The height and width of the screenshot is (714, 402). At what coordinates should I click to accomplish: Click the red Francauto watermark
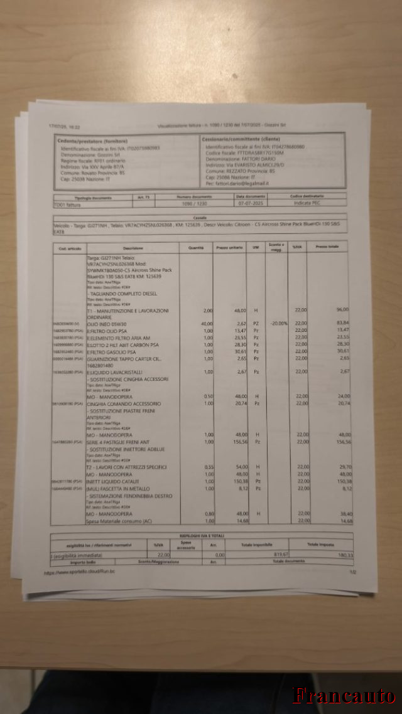(x=344, y=695)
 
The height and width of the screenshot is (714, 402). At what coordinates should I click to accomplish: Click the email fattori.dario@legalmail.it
(x=237, y=183)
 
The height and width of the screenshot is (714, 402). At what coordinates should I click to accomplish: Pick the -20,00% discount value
(x=278, y=323)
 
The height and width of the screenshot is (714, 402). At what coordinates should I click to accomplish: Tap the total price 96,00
(x=342, y=310)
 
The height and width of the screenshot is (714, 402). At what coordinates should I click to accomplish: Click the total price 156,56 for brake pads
(x=344, y=442)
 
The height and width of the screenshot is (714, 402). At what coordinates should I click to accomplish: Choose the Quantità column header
(x=196, y=248)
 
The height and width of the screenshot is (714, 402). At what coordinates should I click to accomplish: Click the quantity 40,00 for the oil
(x=207, y=323)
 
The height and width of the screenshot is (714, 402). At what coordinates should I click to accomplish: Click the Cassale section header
(x=200, y=218)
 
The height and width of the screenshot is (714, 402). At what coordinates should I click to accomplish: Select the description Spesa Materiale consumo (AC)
(x=119, y=521)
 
